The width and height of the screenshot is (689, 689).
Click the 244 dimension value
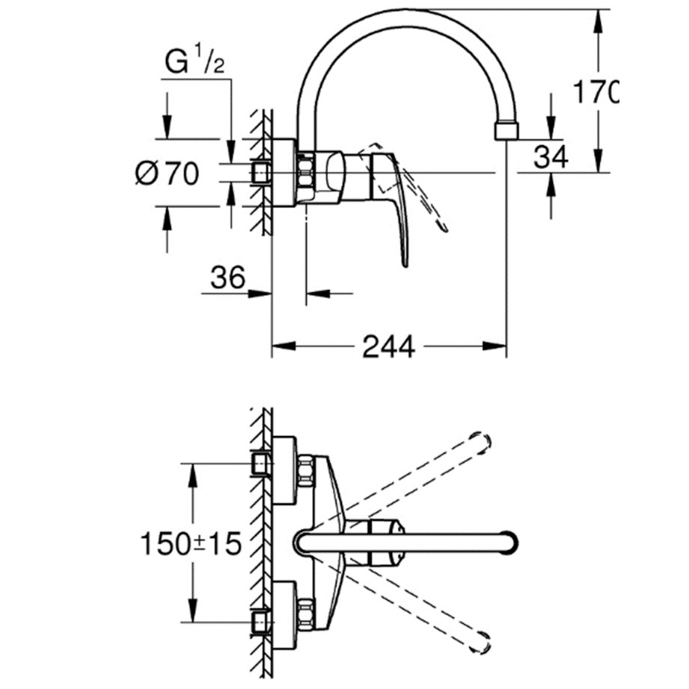(x=388, y=346)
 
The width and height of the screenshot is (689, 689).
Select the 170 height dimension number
(x=596, y=93)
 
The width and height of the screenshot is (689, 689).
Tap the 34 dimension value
(x=552, y=156)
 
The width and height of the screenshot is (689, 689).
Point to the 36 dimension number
(x=228, y=278)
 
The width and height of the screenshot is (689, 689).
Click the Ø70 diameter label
(x=168, y=174)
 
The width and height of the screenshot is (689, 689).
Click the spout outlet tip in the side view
(x=507, y=131)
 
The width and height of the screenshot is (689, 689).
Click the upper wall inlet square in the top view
(x=260, y=465)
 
